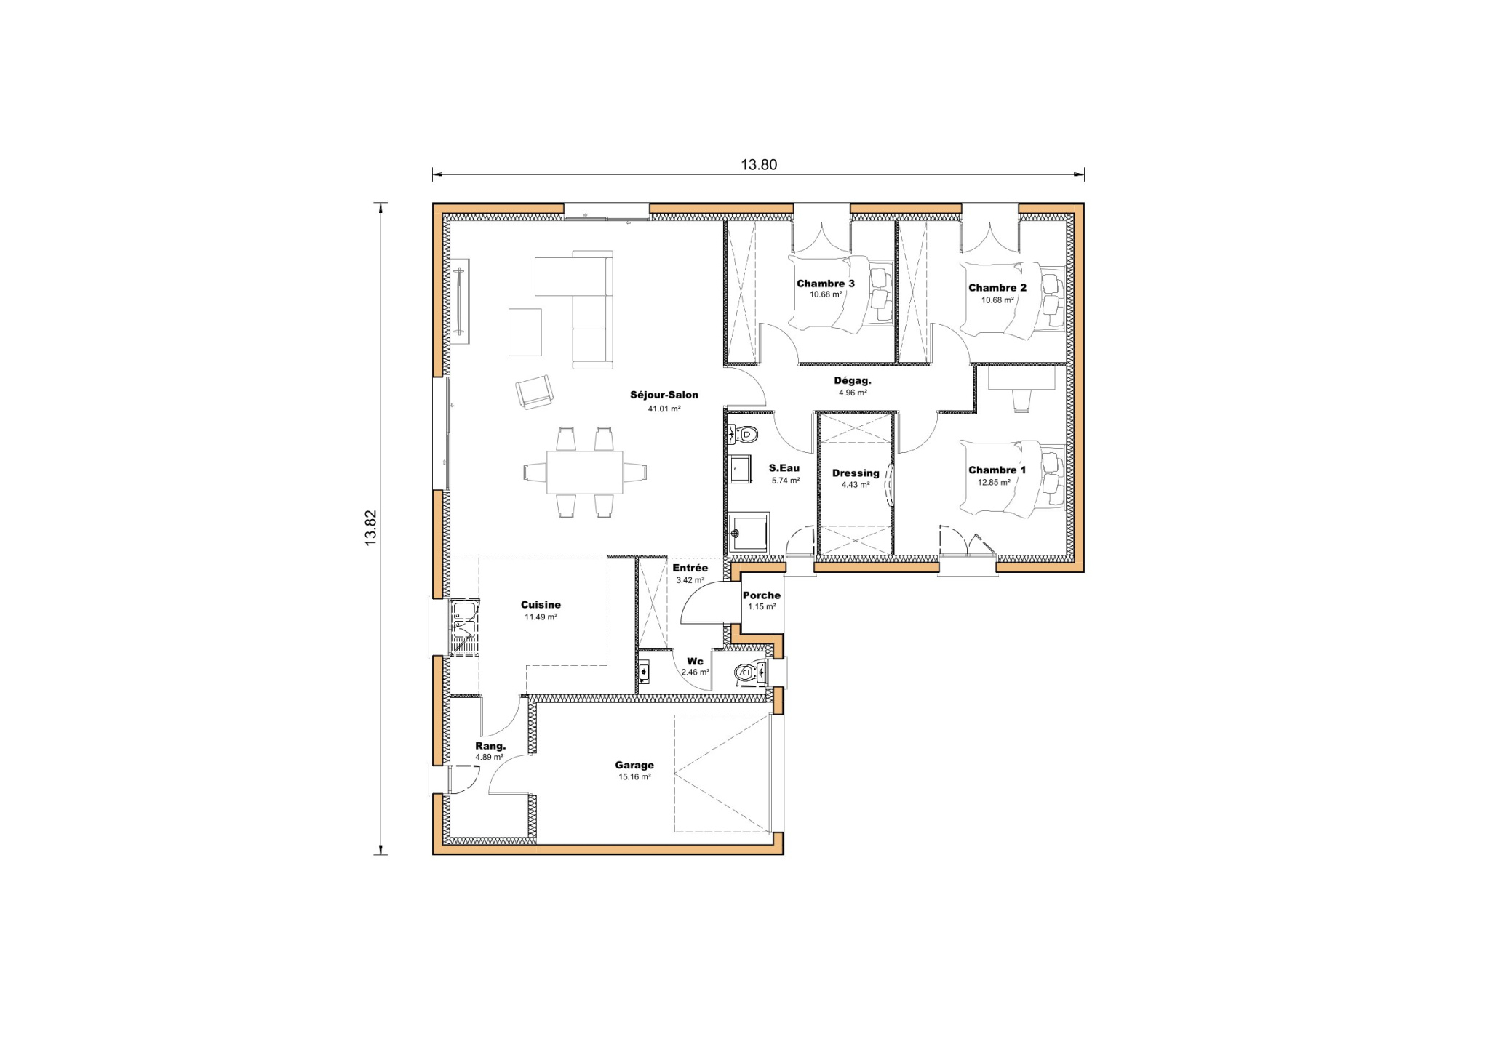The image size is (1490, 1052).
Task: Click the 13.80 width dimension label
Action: [759, 164]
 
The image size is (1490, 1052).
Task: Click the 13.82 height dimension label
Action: [370, 528]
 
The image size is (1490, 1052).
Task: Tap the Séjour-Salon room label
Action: [664, 395]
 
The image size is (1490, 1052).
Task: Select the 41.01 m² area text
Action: [664, 409]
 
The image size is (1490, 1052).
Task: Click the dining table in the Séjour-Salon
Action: [584, 472]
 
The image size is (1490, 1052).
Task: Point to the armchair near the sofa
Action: [534, 392]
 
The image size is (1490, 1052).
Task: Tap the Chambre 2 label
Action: [997, 288]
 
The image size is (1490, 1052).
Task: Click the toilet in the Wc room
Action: [746, 672]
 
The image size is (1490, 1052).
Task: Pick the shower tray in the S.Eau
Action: [749, 533]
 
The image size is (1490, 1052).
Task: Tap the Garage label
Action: [634, 765]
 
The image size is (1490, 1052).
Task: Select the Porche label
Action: [761, 595]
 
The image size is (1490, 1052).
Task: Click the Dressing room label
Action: [856, 473]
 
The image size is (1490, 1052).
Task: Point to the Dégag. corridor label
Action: [852, 380]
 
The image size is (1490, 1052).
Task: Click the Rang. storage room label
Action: [490, 746]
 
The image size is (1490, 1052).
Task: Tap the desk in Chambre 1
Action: [1021, 378]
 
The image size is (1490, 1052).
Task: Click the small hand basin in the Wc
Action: [644, 672]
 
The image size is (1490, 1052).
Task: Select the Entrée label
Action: [690, 568]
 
